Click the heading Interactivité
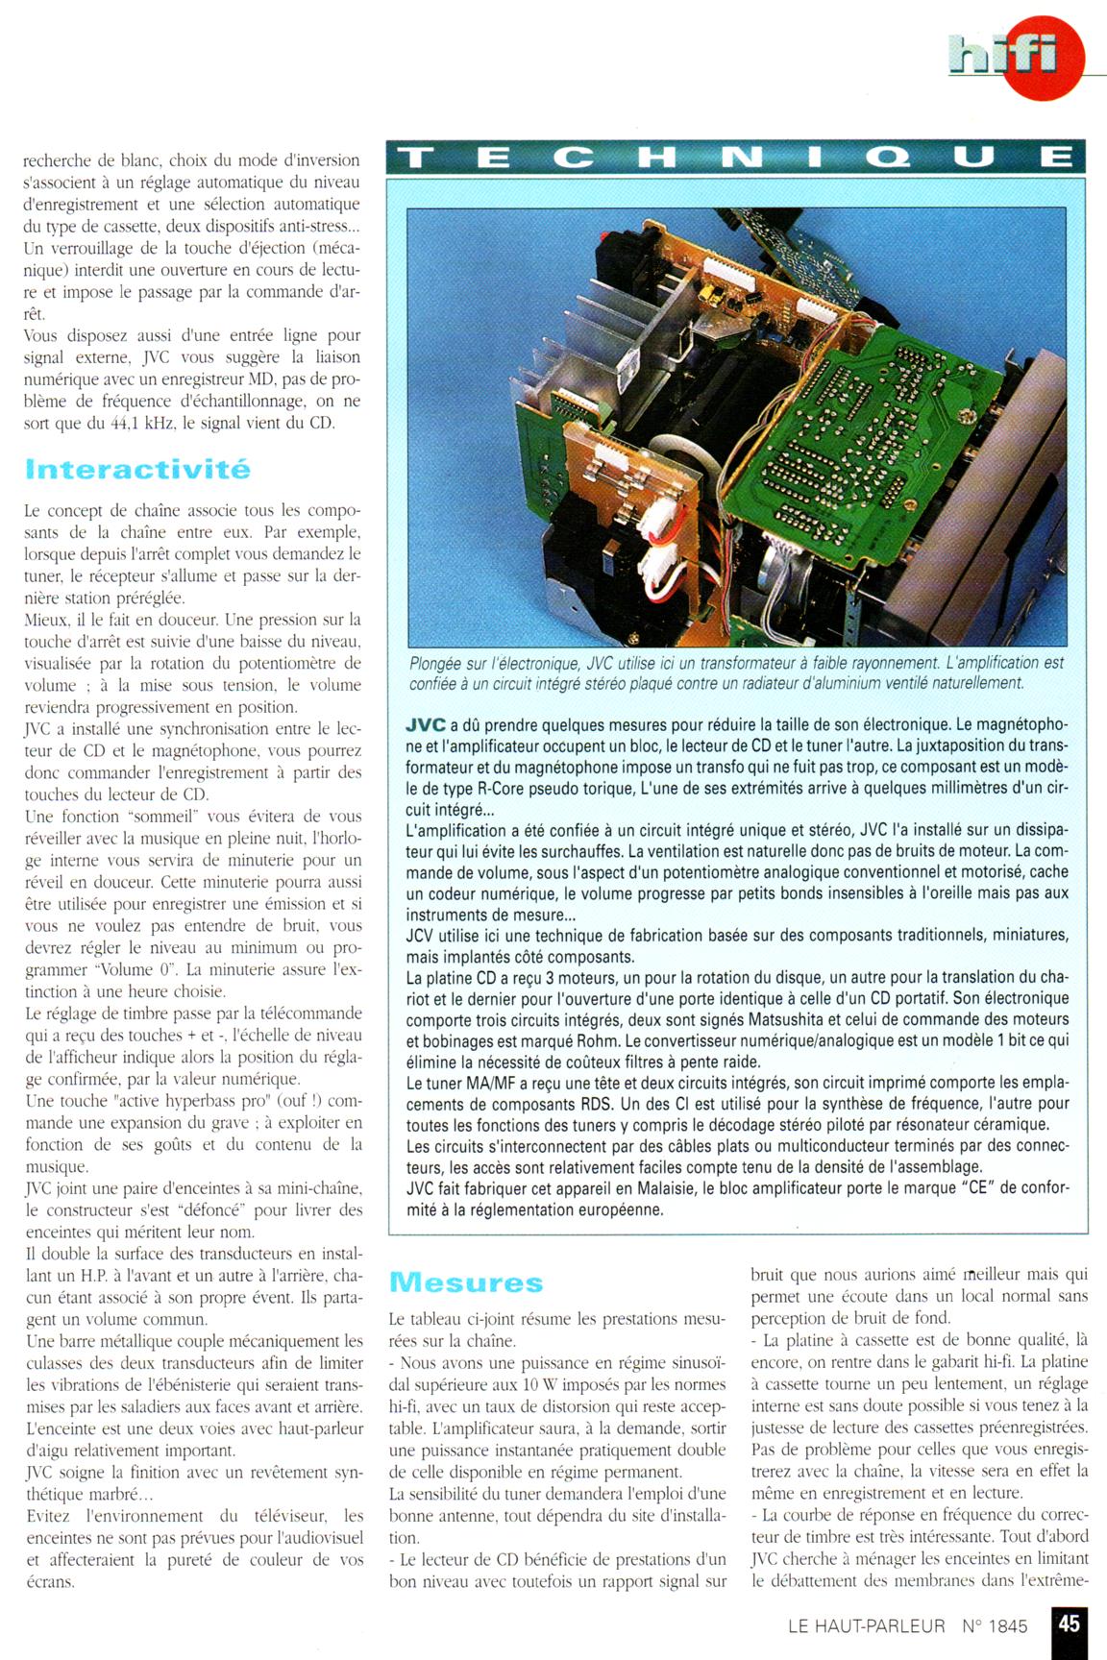(x=137, y=470)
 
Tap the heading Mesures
(x=466, y=1282)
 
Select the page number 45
(x=1069, y=1623)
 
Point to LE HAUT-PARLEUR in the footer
(x=866, y=1626)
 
